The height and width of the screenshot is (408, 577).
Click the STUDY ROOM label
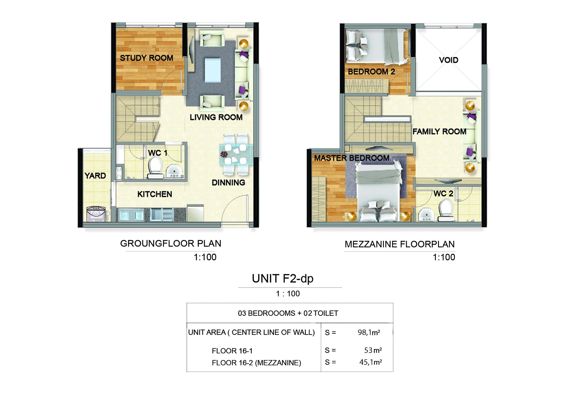[x=147, y=58]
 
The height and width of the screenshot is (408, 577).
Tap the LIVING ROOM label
[x=216, y=118]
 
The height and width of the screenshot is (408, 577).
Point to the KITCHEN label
[x=155, y=194]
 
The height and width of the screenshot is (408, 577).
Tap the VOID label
[x=448, y=60]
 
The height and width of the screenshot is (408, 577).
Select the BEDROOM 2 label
[x=371, y=72]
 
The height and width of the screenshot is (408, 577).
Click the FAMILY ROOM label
[x=439, y=132]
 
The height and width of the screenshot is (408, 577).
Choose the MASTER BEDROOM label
[x=352, y=158]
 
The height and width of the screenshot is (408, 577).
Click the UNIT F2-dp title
[x=282, y=279]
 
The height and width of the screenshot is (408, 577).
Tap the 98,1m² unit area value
[x=369, y=333]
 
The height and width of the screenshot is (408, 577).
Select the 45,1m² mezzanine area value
[x=370, y=362]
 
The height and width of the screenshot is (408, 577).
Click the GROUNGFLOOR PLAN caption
[x=171, y=244]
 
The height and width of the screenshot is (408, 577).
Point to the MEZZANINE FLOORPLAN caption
[x=399, y=245]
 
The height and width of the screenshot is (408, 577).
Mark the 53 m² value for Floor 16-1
[x=373, y=350]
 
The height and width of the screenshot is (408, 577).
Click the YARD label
[x=95, y=176]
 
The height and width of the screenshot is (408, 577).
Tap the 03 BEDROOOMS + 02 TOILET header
[x=288, y=313]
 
